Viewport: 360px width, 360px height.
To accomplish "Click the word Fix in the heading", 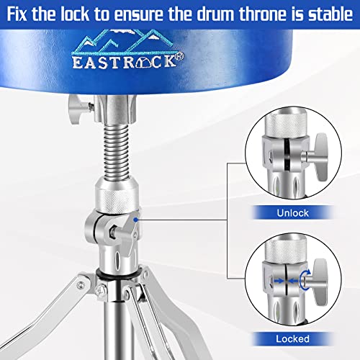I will click(22, 12).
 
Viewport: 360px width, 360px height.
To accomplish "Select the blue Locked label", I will click(290, 338).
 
